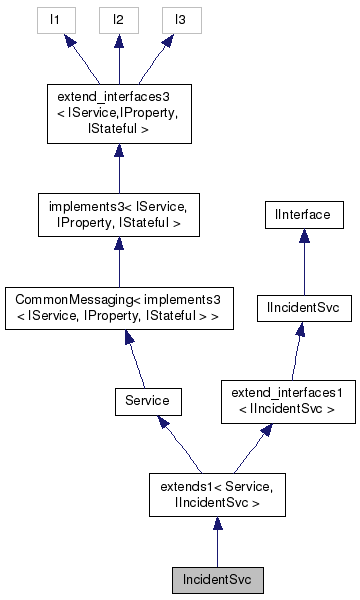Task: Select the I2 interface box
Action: pos(118,19)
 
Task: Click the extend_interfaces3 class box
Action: pos(118,113)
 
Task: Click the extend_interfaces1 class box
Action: pos(287,401)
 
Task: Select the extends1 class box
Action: pos(217,495)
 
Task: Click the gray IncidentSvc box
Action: pos(217,579)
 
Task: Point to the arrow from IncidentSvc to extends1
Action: pos(217,545)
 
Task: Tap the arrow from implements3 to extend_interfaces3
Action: pos(118,165)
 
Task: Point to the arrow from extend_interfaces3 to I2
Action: pos(118,60)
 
